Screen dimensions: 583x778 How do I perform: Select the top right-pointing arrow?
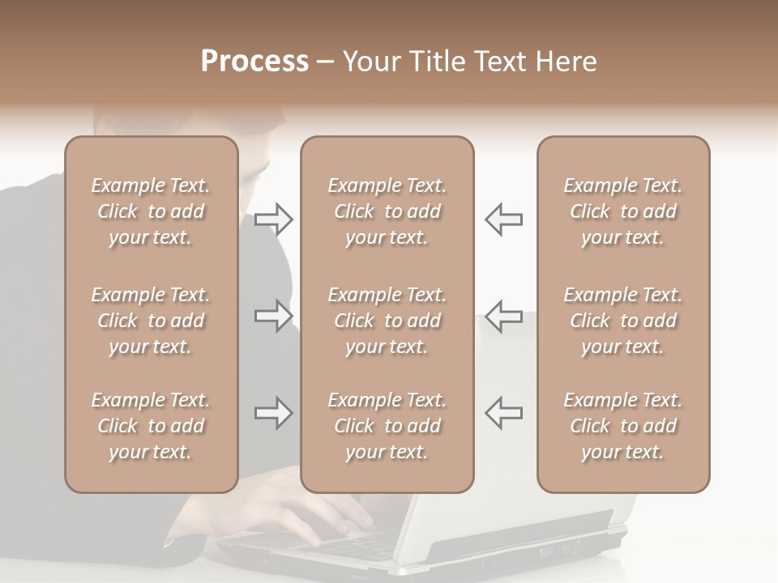tap(273, 219)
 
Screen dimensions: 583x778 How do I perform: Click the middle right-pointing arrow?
tap(273, 316)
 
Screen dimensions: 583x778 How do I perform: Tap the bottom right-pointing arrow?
tap(273, 413)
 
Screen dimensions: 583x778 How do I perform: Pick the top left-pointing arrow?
tap(503, 219)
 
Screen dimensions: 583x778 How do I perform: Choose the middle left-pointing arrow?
tap(503, 316)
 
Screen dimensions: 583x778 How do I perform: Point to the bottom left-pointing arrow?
tap(503, 413)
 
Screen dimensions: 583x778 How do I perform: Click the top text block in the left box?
tap(151, 211)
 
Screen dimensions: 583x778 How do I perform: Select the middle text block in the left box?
tap(151, 321)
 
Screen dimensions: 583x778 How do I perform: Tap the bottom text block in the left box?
tap(151, 426)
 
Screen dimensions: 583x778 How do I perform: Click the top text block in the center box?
tap(387, 211)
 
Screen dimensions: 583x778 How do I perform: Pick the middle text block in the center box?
tap(387, 321)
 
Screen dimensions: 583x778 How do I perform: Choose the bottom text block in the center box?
tap(387, 426)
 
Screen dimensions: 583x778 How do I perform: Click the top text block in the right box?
tap(622, 211)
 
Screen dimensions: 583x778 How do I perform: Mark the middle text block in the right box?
tap(622, 321)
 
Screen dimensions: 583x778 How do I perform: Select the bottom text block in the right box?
tap(622, 426)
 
